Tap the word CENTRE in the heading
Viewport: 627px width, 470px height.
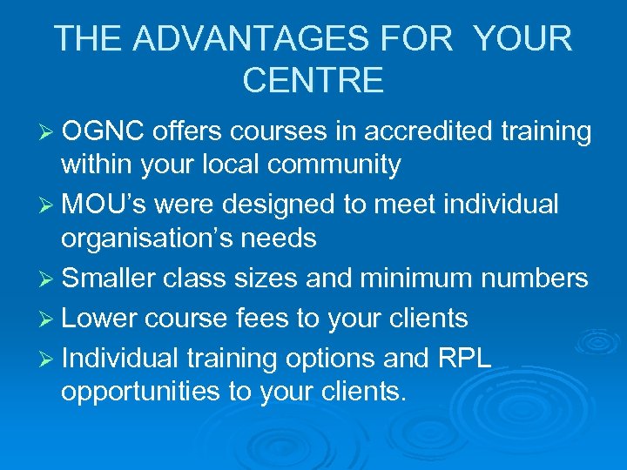(x=313, y=80)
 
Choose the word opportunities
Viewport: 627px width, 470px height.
(x=140, y=392)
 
